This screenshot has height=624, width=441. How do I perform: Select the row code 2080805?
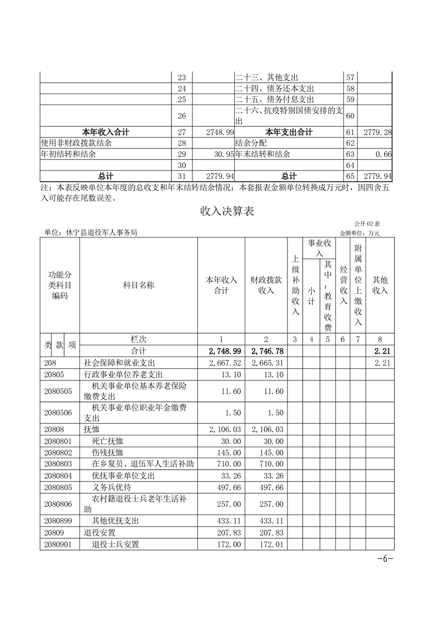[x=58, y=487]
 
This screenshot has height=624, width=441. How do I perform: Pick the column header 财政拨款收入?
[x=266, y=285]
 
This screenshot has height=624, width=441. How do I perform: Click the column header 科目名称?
[x=138, y=285]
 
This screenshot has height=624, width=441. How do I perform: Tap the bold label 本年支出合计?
[x=289, y=132]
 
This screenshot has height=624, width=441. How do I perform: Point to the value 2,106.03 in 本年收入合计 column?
[x=226, y=429]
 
